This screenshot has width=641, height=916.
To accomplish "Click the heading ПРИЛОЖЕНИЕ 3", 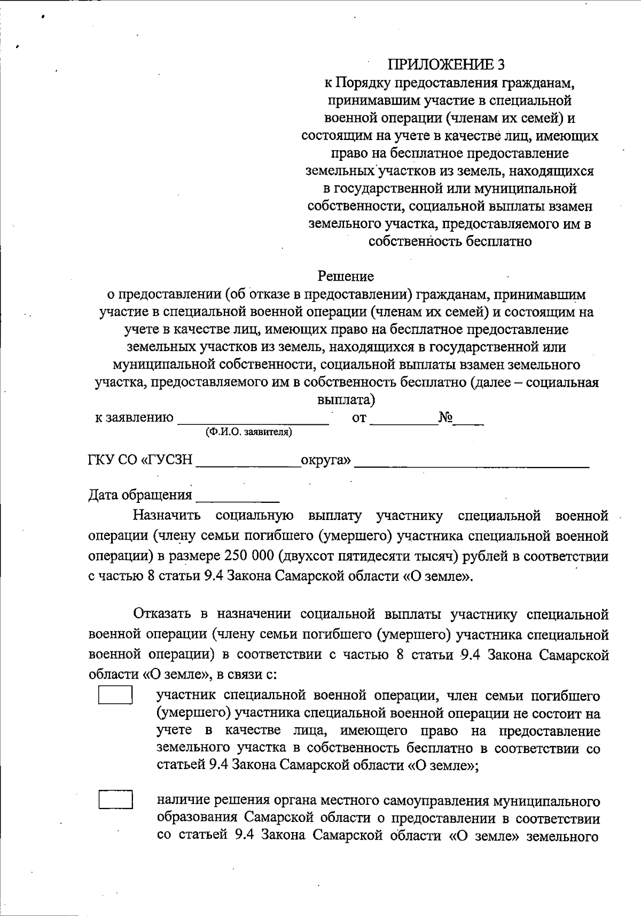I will point(446,65).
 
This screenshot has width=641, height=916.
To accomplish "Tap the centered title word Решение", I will point(346,276).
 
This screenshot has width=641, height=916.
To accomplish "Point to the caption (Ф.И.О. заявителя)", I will point(249,432).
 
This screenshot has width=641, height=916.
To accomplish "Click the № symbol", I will point(446,417).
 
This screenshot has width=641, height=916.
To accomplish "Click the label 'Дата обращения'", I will point(140,495).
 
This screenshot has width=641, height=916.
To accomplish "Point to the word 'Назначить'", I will point(167,516).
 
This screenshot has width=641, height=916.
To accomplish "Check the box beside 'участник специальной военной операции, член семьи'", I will point(115,695).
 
